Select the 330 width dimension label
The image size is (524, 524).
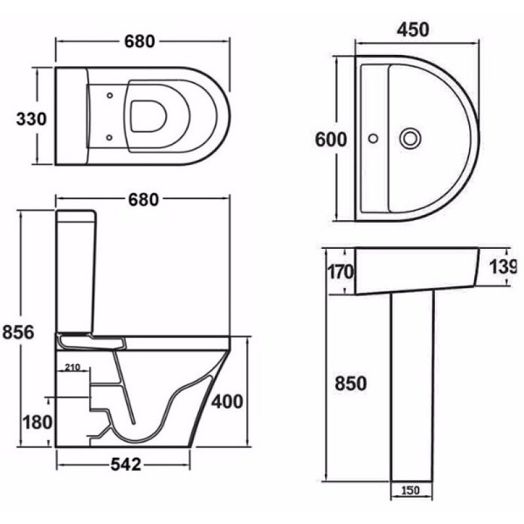click(x=31, y=119)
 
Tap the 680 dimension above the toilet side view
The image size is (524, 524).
click(x=141, y=199)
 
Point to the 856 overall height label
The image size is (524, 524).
click(x=19, y=332)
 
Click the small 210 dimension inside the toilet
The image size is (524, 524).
click(x=73, y=367)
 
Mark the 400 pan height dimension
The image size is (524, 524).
click(x=228, y=400)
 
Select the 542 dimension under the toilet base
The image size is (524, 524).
click(x=125, y=464)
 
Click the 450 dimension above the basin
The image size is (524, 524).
click(x=413, y=30)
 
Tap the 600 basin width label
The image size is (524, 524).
click(x=331, y=140)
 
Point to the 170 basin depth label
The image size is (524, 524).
click(x=340, y=271)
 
